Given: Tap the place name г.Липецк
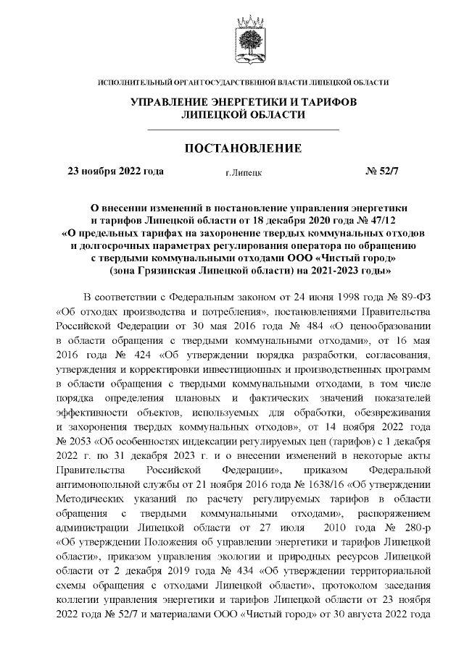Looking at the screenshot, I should click(244, 173).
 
